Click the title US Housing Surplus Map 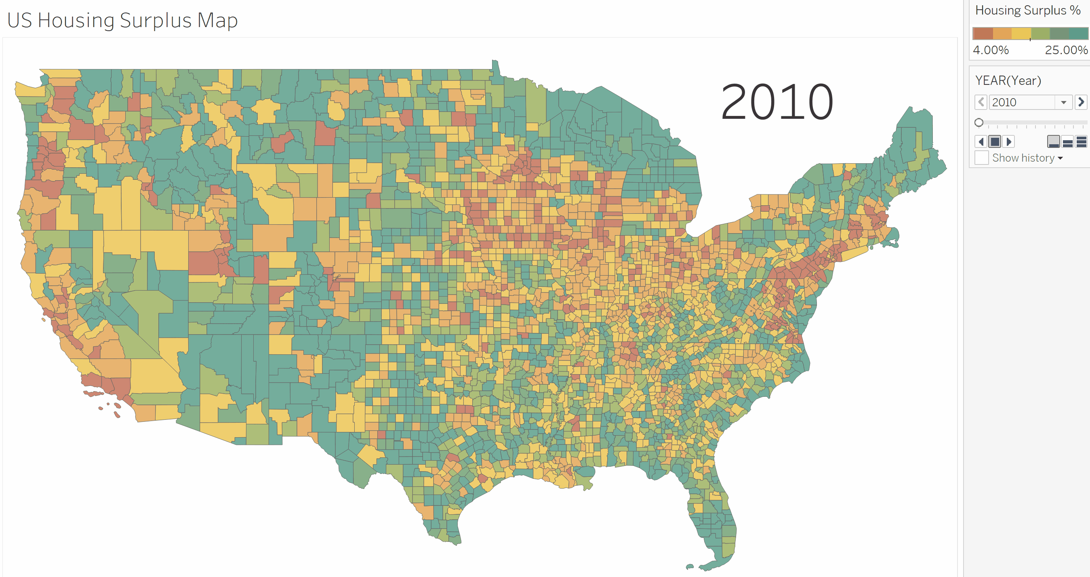[x=122, y=20]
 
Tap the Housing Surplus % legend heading [x=1028, y=10]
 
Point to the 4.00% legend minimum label [x=991, y=50]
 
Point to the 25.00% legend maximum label [x=1066, y=50]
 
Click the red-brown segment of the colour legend [x=983, y=34]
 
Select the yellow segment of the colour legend [x=1021, y=34]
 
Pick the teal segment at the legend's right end [x=1079, y=34]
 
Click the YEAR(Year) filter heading [x=1008, y=80]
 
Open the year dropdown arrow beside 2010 [x=1063, y=103]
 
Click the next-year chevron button [x=1081, y=102]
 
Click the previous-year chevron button [x=981, y=102]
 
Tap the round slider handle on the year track [x=979, y=123]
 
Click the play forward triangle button [x=1009, y=141]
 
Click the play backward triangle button [x=981, y=141]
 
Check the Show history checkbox [x=981, y=158]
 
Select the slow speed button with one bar [x=1054, y=141]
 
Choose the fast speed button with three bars [x=1081, y=141]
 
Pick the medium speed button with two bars [x=1067, y=141]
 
